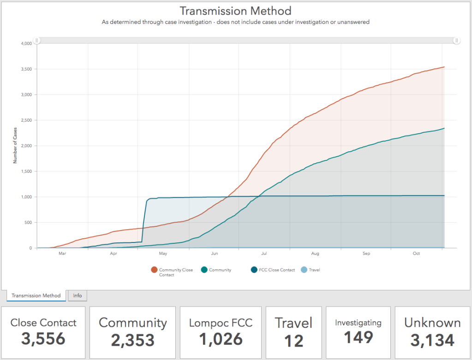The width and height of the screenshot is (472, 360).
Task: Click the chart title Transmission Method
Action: [x=235, y=11]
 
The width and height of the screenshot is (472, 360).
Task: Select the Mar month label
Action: [x=62, y=254]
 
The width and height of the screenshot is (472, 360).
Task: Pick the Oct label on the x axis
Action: [x=417, y=254]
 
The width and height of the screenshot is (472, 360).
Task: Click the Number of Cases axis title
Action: [x=15, y=146]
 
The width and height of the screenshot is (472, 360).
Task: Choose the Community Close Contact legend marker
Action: [x=154, y=270]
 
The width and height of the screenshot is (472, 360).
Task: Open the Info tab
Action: [x=78, y=295]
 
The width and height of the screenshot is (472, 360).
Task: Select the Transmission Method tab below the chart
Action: [x=36, y=295]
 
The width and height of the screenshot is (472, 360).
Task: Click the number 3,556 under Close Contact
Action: [x=43, y=339]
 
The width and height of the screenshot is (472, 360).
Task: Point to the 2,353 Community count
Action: [x=133, y=340]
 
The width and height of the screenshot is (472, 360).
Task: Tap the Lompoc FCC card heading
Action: [x=221, y=323]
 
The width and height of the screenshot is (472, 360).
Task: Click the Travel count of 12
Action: [x=294, y=341]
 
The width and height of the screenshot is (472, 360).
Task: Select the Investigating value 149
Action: [x=358, y=337]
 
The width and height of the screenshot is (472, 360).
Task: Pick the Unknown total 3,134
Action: [x=432, y=340]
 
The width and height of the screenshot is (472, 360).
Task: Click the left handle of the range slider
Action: [x=37, y=41]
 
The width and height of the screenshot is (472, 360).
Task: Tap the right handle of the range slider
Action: [x=456, y=41]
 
